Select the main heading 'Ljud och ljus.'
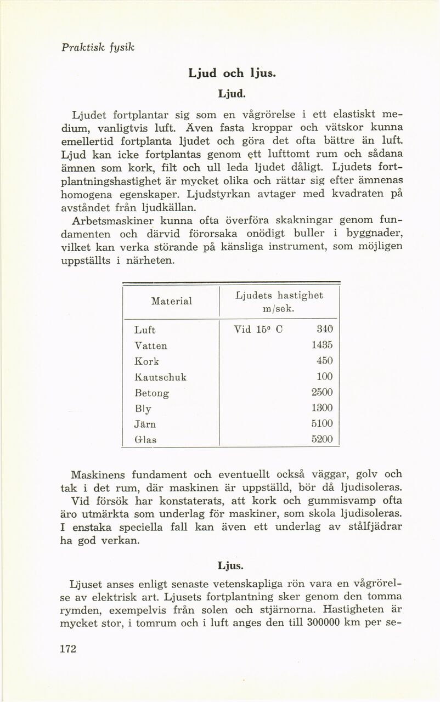click(220, 72)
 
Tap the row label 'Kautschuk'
click(161, 377)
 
